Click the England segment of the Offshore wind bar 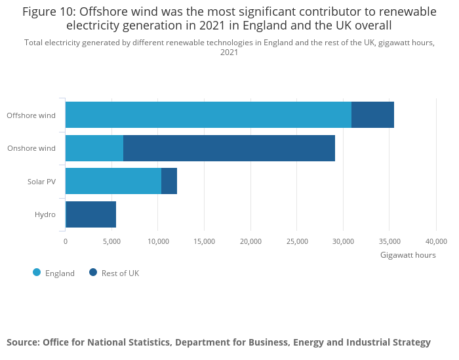point(209,115)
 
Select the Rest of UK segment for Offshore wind point(372,115)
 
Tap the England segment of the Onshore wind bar point(94,148)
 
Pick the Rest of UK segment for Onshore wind point(229,148)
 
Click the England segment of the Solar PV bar point(113,181)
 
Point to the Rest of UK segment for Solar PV point(169,181)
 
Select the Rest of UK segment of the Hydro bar point(91,214)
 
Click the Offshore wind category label point(31,115)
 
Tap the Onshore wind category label point(31,148)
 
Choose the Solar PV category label point(41,182)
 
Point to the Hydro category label point(45,214)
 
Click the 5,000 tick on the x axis point(111,241)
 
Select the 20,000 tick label point(250,241)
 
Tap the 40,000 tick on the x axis point(436,241)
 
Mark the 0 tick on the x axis point(66,241)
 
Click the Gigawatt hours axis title point(408,255)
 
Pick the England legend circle point(37,273)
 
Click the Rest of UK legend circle point(93,273)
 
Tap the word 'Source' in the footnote point(22,342)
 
